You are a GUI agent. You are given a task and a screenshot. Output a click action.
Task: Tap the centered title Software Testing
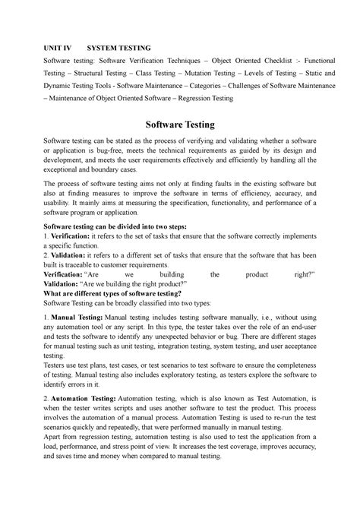point(180,123)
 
